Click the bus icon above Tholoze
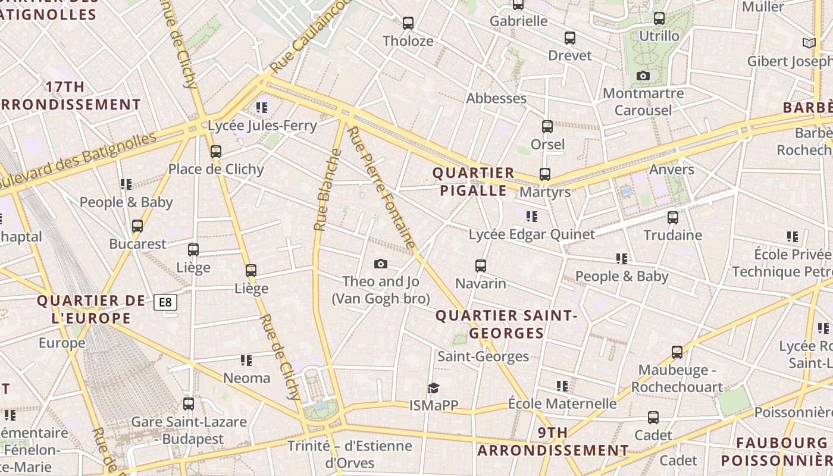tap(408, 23)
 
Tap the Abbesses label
tap(496, 98)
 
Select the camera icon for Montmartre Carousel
tap(643, 76)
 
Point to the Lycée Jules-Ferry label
tap(262, 126)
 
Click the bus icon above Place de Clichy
tap(216, 152)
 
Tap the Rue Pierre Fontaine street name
tap(381, 187)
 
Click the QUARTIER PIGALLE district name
tap(473, 181)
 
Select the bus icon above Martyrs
tap(545, 174)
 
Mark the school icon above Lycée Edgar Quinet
tap(531, 217)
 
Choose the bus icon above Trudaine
tap(673, 218)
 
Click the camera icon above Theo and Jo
tap(381, 264)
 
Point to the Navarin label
tap(481, 283)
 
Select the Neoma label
tap(246, 378)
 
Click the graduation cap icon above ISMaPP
tap(433, 388)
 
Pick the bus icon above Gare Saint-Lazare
tap(189, 404)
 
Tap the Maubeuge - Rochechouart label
tap(677, 378)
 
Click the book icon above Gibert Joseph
tap(809, 43)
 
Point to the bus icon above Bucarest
tap(137, 226)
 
